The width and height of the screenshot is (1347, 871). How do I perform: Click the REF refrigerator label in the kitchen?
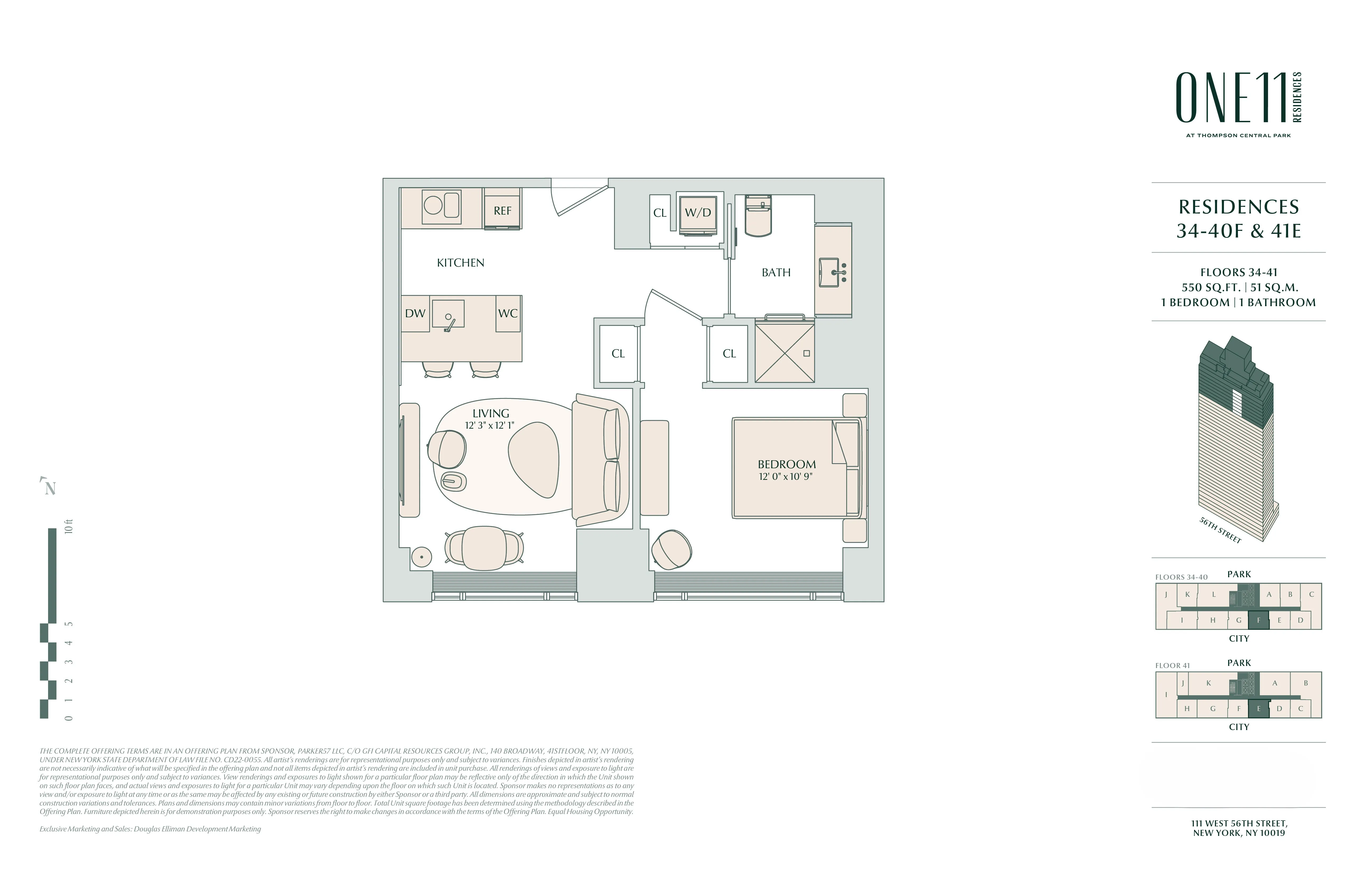click(502, 210)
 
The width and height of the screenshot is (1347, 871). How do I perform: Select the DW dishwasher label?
click(415, 313)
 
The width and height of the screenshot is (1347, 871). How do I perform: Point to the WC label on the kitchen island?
click(508, 313)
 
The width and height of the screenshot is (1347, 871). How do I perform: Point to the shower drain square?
click(807, 353)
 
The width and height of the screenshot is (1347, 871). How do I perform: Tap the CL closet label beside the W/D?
click(659, 213)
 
